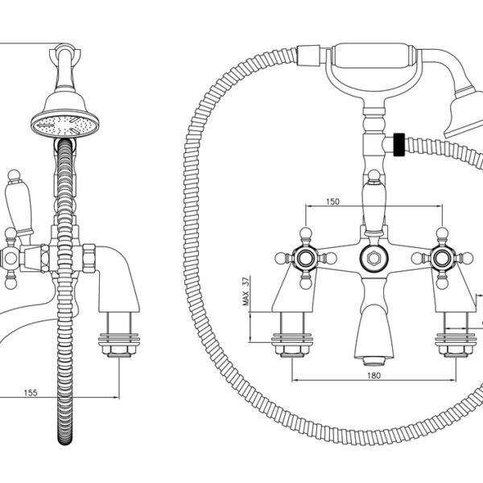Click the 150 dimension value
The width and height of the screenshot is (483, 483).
tap(332, 201)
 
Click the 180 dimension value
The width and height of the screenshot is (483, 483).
tap(374, 375)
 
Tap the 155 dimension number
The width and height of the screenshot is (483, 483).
tap(31, 393)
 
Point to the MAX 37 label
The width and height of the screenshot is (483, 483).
tap(246, 291)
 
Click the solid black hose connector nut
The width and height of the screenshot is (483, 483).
tap(399, 145)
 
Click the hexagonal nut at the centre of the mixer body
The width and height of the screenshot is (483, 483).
tap(374, 258)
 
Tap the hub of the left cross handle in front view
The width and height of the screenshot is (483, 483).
tap(305, 258)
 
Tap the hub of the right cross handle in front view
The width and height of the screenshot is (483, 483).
tap(442, 258)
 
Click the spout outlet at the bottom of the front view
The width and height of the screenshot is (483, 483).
tap(374, 361)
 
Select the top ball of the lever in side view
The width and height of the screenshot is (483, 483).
tap(14, 175)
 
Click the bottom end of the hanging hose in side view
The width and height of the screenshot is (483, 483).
tap(65, 444)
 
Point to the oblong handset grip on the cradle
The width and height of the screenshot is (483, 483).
tap(372, 56)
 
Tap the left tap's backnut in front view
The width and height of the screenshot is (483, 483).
tap(292, 350)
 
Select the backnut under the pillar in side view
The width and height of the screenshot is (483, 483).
tap(119, 350)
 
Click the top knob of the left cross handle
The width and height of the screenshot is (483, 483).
tap(305, 233)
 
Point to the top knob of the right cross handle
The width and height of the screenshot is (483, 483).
tap(442, 233)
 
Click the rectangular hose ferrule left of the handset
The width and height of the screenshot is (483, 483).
tap(308, 55)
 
